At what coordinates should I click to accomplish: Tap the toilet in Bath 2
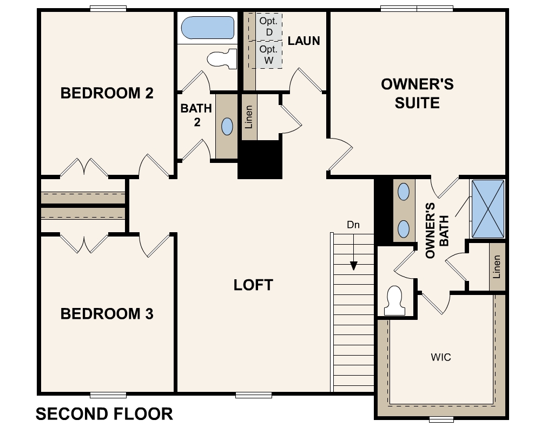click(x=223, y=58)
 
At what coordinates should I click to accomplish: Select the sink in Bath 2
click(x=227, y=126)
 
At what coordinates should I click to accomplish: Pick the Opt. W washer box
click(x=268, y=55)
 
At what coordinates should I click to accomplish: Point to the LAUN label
click(x=304, y=41)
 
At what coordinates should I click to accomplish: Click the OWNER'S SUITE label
click(x=417, y=94)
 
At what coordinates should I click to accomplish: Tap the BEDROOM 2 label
click(x=107, y=93)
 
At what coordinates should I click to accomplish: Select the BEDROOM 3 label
click(x=107, y=314)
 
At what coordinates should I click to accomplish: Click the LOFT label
click(x=253, y=285)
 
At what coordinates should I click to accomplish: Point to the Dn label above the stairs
click(x=353, y=225)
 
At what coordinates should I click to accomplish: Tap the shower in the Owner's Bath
click(x=488, y=209)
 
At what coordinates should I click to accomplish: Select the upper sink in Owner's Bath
click(x=404, y=192)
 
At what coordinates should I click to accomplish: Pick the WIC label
click(x=441, y=357)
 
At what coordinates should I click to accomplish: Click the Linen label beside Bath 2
click(x=249, y=116)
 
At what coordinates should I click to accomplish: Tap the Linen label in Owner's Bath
click(x=497, y=266)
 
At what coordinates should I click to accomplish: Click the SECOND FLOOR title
click(x=104, y=414)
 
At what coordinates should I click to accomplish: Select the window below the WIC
click(x=441, y=419)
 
